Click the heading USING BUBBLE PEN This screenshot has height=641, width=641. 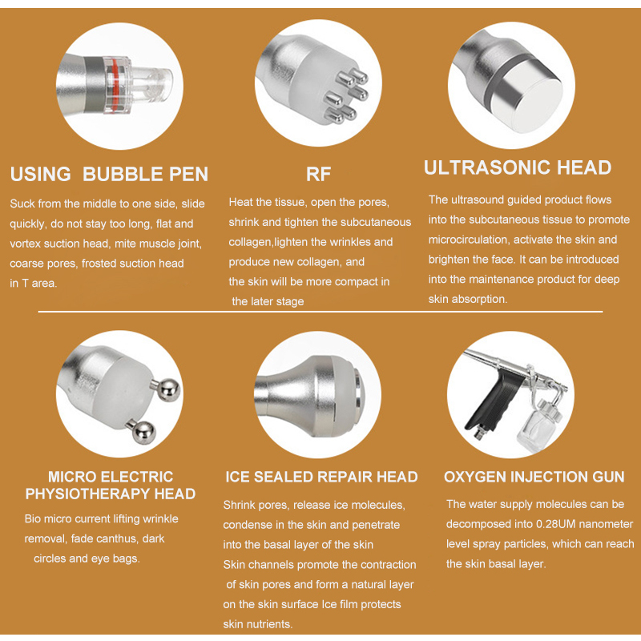109,174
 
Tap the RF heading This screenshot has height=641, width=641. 318,174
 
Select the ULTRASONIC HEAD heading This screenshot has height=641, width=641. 518,167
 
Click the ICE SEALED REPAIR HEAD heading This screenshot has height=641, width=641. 322,477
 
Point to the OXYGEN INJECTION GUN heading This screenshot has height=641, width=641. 534,477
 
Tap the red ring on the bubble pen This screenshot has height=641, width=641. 115,85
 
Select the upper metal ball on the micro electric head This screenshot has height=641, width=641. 168,389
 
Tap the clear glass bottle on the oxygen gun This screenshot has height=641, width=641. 538,425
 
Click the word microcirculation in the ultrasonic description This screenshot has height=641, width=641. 469,240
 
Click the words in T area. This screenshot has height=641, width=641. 34,283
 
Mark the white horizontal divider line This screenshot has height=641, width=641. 320,312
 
